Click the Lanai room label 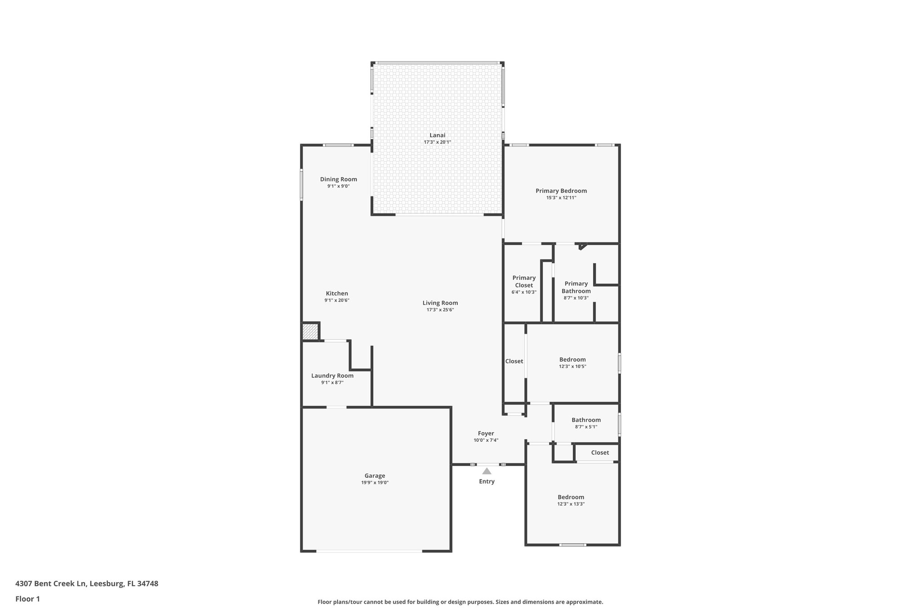(x=437, y=135)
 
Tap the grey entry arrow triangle (x=487, y=471)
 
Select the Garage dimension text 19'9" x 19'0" (x=375, y=483)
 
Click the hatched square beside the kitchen (x=309, y=332)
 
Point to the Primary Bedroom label (x=561, y=191)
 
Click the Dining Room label (x=338, y=179)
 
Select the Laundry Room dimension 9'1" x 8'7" (x=332, y=382)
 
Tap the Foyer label (x=486, y=433)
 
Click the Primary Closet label (x=524, y=282)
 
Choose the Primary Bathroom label (x=576, y=287)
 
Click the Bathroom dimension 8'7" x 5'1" (x=586, y=427)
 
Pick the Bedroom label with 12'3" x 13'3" (x=571, y=497)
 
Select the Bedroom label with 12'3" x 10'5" (x=572, y=359)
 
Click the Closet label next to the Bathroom (x=600, y=453)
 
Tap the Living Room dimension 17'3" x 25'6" (x=440, y=310)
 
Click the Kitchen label (x=337, y=293)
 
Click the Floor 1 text (x=27, y=599)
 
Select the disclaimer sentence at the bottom (x=460, y=602)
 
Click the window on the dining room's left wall (x=301, y=184)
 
